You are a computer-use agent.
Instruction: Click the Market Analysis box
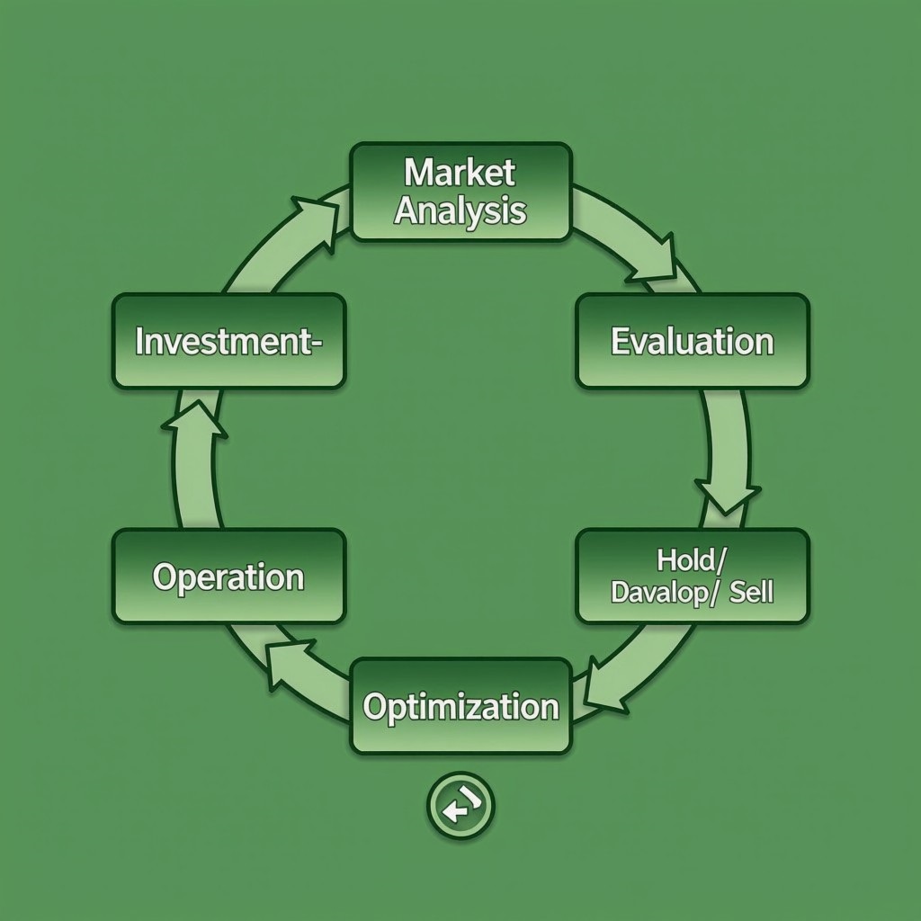point(461,192)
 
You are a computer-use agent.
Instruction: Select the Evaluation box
point(693,341)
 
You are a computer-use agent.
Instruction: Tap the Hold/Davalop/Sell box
point(693,577)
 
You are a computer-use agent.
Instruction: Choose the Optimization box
point(461,706)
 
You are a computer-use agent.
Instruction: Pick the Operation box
point(229,577)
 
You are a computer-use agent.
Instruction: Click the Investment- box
point(229,341)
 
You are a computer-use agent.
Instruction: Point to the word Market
point(460,173)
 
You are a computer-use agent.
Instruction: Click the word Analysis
point(460,211)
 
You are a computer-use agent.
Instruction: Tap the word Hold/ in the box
point(692,560)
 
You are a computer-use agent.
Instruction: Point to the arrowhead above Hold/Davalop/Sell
point(727,496)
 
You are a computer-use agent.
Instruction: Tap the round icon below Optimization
point(460,805)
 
